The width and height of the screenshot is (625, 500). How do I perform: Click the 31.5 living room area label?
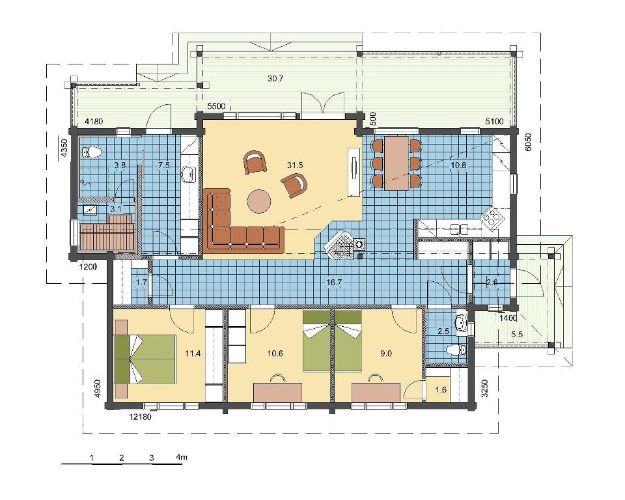click(x=295, y=165)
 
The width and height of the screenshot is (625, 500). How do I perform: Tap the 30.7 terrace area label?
click(x=275, y=79)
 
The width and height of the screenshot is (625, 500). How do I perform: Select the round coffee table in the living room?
click(x=259, y=201)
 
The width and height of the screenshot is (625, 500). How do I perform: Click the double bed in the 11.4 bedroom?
click(x=145, y=359)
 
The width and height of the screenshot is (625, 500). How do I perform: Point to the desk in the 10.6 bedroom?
click(x=278, y=393)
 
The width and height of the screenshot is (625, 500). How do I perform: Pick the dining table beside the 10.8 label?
click(x=397, y=163)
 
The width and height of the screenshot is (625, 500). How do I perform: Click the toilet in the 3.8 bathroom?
click(x=92, y=152)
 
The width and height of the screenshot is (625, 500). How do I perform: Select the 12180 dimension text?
click(x=141, y=417)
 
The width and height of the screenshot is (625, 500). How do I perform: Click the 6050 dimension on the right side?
click(x=529, y=143)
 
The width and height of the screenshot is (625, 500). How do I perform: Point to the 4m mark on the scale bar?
click(x=181, y=457)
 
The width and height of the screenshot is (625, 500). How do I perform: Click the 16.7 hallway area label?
click(x=334, y=283)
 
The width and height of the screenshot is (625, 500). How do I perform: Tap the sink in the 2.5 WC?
click(x=462, y=323)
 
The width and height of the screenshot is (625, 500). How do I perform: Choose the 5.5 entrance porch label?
click(x=516, y=335)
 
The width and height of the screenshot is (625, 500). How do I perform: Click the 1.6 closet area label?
click(x=441, y=390)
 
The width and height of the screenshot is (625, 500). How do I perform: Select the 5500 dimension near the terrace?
click(x=216, y=107)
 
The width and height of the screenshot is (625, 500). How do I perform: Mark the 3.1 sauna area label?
click(x=116, y=208)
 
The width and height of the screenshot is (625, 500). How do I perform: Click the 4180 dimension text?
click(x=94, y=121)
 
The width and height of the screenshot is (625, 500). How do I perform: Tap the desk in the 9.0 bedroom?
click(x=376, y=393)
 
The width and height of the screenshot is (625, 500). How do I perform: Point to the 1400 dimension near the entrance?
click(x=508, y=318)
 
